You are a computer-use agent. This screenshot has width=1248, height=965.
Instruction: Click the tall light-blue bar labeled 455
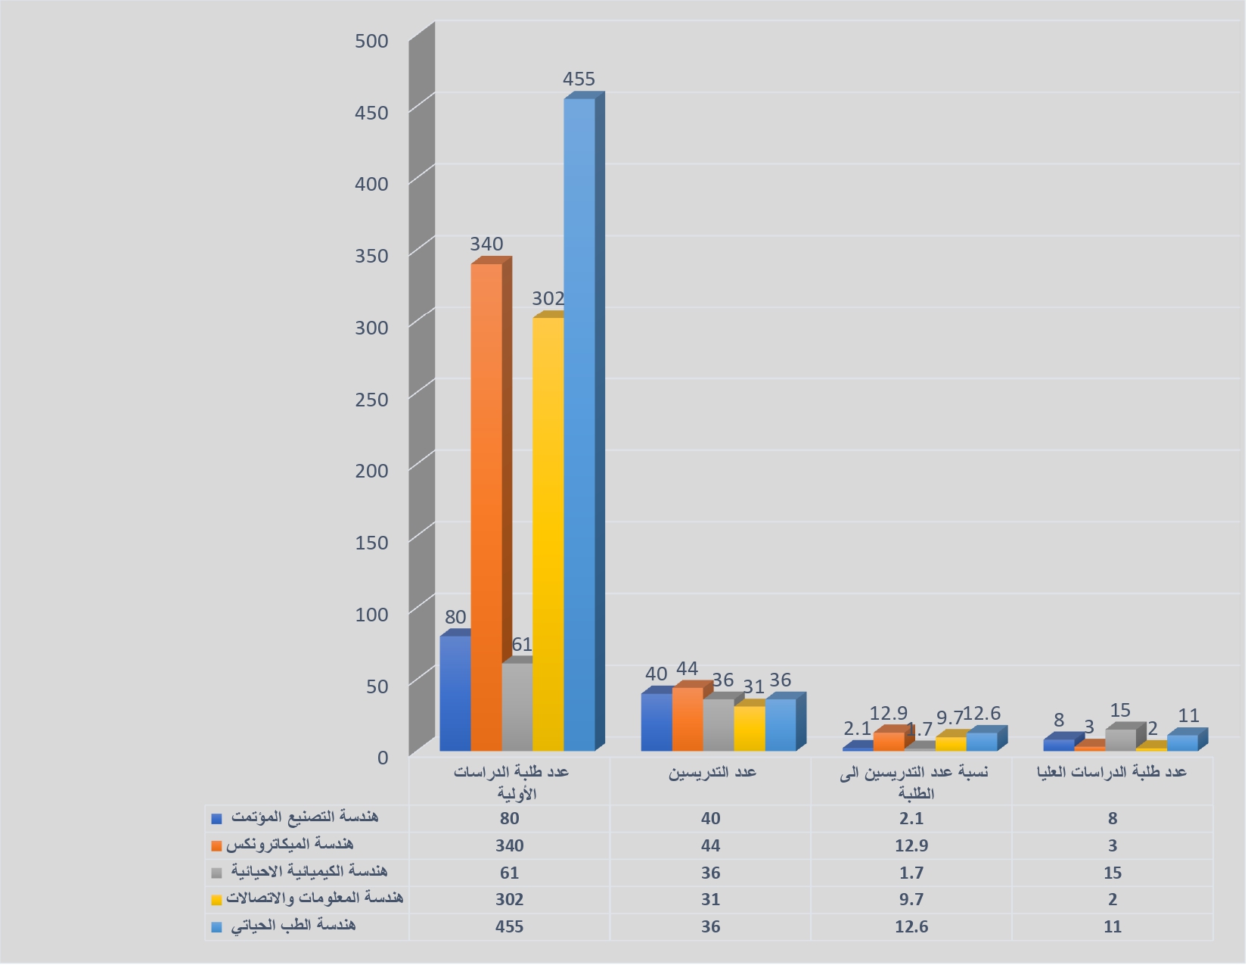click(x=579, y=424)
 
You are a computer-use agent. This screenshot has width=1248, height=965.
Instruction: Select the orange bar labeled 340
click(x=486, y=507)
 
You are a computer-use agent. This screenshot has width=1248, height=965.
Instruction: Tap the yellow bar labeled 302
click(x=548, y=534)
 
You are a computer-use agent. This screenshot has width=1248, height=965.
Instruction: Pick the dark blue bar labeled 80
click(x=455, y=693)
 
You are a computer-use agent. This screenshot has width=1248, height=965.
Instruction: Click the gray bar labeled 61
click(x=517, y=707)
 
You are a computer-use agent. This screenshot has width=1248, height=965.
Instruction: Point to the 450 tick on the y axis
click(x=371, y=114)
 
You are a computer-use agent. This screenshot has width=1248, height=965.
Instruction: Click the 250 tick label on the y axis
click(x=371, y=400)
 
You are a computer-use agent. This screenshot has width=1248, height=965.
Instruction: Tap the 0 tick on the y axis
click(x=382, y=758)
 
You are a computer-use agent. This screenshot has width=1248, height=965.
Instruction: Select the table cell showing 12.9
click(x=911, y=845)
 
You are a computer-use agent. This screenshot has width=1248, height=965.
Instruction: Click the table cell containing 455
click(x=509, y=926)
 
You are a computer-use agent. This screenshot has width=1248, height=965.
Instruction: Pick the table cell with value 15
click(x=1112, y=873)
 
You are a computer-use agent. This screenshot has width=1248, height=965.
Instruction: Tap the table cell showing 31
click(x=710, y=899)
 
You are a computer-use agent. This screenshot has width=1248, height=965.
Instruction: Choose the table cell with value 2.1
click(x=911, y=818)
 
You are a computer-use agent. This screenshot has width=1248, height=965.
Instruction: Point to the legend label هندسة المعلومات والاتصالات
click(x=314, y=898)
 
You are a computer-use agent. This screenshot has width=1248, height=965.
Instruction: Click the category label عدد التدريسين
click(x=712, y=772)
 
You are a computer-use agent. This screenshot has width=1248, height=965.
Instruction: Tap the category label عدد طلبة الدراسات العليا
click(x=1111, y=772)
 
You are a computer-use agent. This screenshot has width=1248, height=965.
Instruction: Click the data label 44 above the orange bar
click(x=687, y=669)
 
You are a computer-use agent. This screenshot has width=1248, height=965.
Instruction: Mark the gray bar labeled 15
click(x=1121, y=740)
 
